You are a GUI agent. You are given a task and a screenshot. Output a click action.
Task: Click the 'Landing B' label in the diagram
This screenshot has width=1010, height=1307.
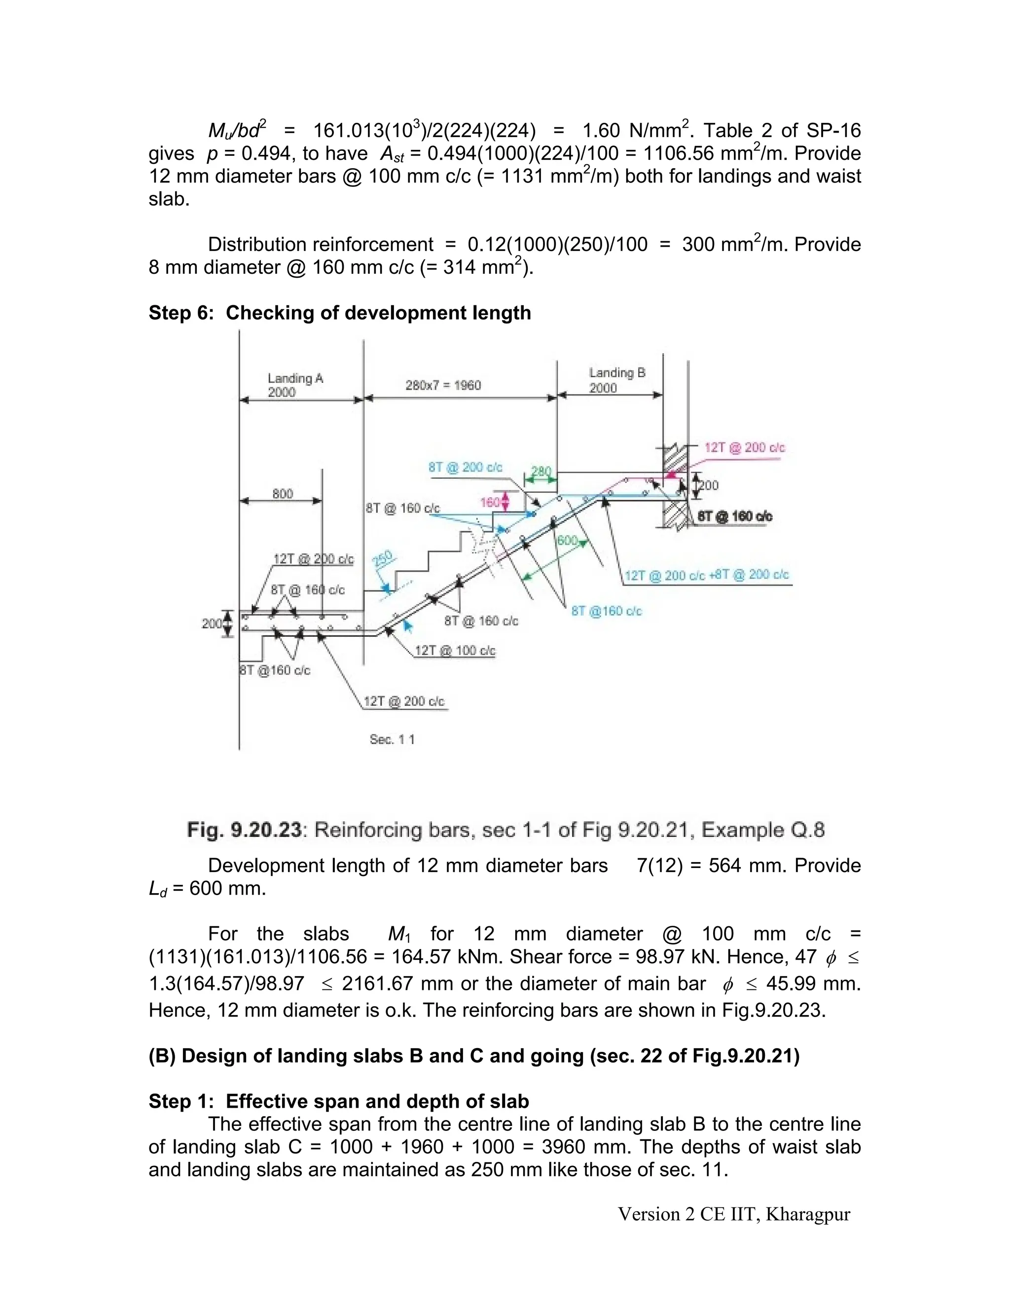617,373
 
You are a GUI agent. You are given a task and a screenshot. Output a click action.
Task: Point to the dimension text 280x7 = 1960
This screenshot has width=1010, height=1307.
443,385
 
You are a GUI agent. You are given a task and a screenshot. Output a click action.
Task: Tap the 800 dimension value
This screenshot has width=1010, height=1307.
283,494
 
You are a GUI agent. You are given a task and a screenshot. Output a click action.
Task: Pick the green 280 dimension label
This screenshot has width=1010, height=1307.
541,472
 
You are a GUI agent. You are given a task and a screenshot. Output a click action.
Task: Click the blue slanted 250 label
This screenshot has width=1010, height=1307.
383,560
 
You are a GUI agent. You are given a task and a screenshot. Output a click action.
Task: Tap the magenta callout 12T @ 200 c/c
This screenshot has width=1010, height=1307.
744,448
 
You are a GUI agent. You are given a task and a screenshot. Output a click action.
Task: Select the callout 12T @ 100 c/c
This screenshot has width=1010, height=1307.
455,651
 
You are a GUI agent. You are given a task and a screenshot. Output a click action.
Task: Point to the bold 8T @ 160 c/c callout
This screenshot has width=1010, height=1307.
735,516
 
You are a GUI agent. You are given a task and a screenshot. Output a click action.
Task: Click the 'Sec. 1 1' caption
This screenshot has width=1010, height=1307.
392,740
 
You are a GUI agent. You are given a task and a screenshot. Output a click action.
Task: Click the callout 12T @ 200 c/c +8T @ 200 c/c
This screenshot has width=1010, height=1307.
707,575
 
